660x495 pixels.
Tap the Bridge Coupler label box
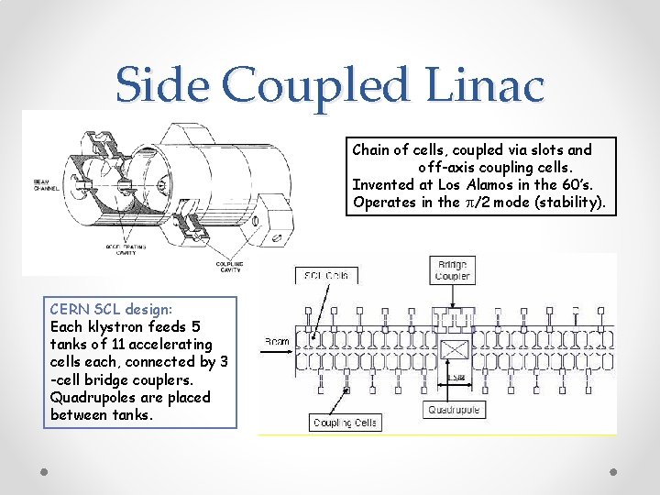(x=452, y=269)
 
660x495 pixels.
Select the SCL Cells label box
(x=327, y=275)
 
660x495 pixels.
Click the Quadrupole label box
(x=455, y=410)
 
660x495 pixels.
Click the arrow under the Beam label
(x=279, y=351)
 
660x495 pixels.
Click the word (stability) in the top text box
(x=571, y=203)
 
